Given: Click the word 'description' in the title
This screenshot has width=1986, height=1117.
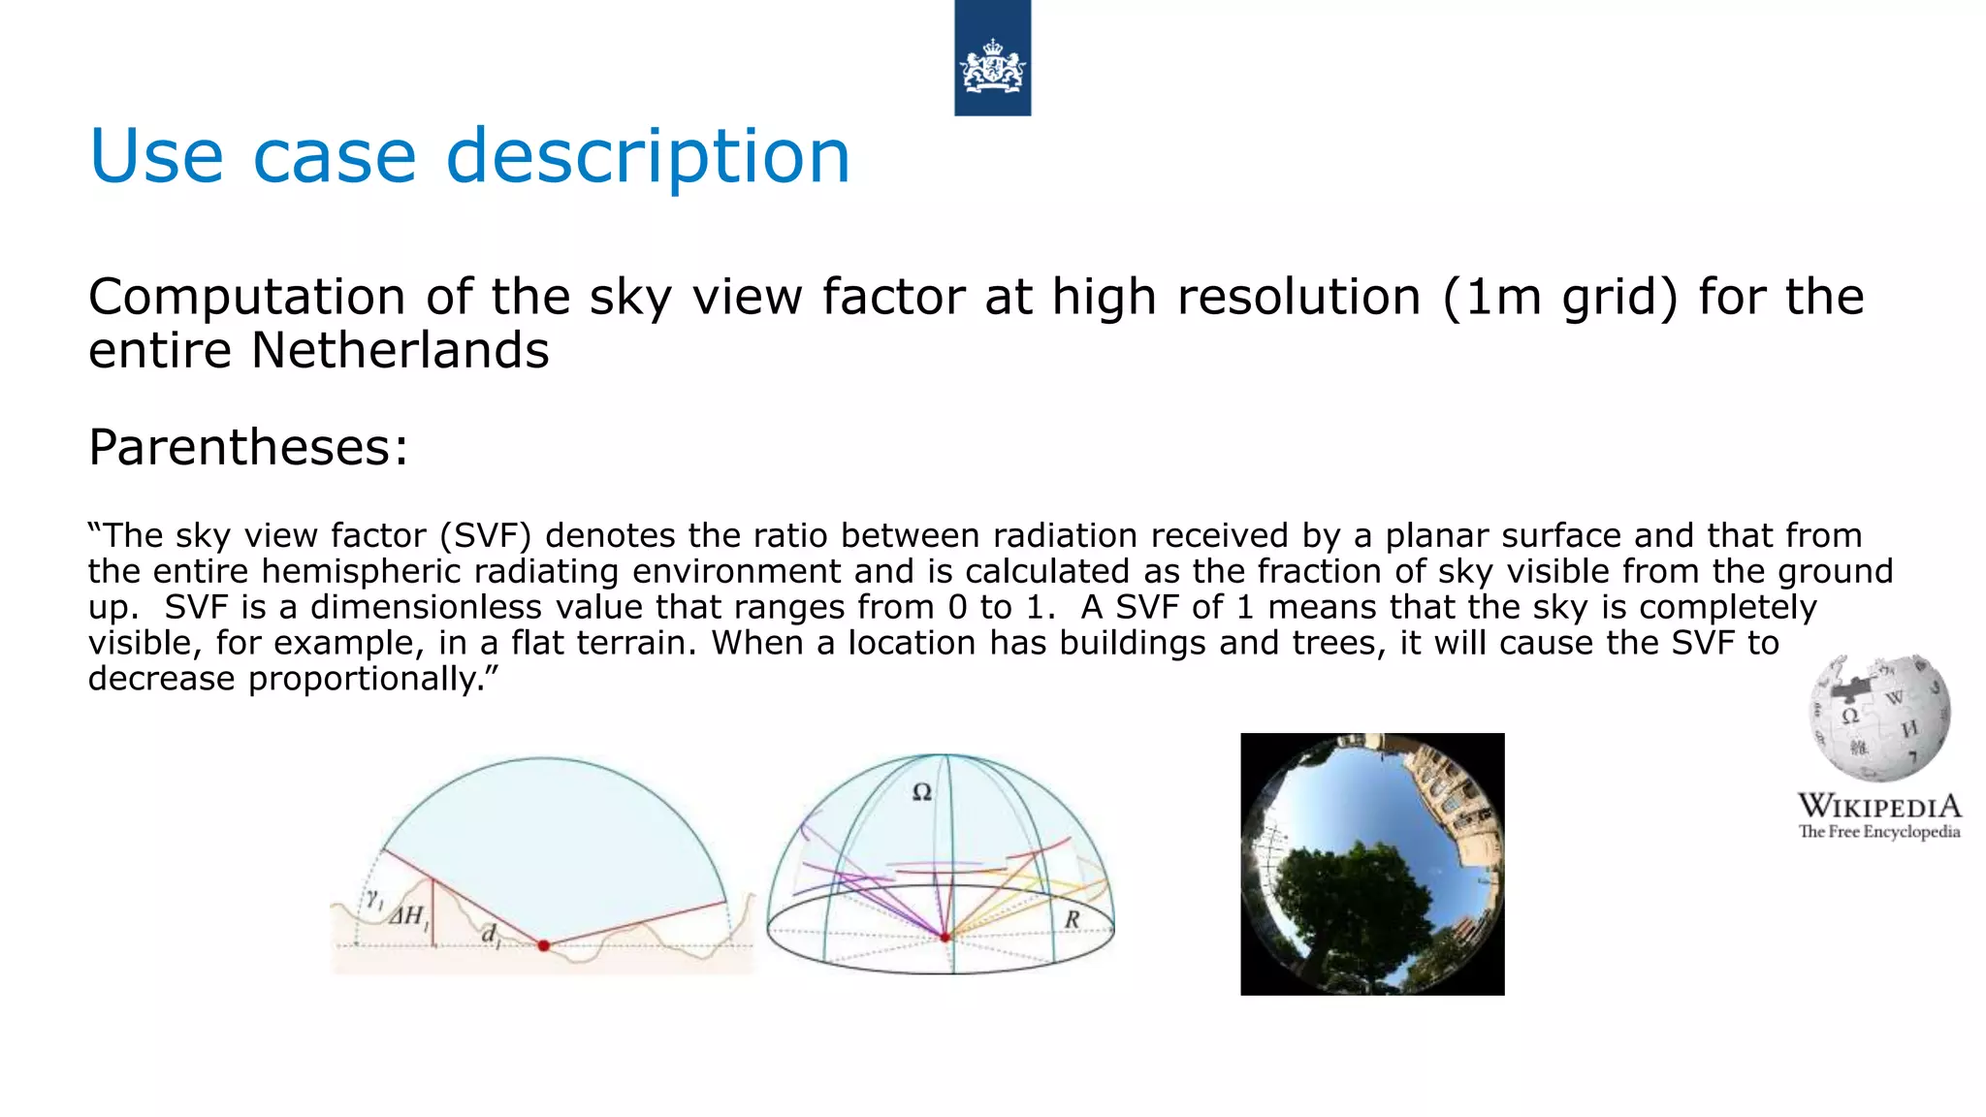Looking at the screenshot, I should pos(648,157).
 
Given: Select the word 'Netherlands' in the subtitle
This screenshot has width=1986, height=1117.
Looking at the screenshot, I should pos(400,350).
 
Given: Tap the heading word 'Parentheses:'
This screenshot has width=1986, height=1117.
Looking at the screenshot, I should pos(248,448).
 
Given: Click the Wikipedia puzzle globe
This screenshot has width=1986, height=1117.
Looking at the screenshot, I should pos(1878,718).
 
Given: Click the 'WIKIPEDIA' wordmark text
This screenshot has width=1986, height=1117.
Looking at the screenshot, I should pos(1879,806).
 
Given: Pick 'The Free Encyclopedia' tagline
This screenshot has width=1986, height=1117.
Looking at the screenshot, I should pos(1879,832).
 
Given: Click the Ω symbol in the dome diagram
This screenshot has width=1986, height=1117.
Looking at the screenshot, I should pos(922,792).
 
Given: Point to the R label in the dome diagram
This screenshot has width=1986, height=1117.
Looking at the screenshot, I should pos(1072,919).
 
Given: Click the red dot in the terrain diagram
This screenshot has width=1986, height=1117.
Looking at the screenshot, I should pos(544,945).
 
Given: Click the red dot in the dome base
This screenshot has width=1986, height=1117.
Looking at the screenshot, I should pos(945,938).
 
